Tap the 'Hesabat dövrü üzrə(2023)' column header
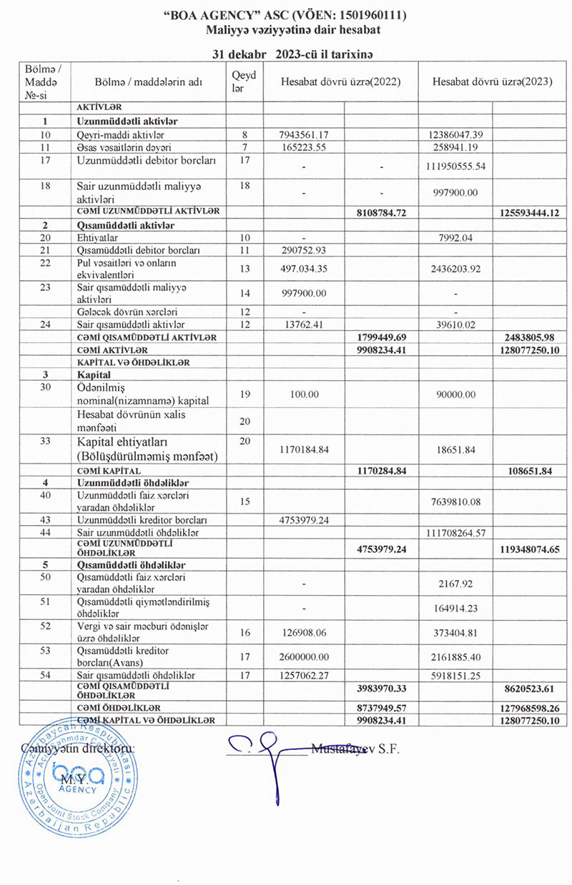click(x=493, y=81)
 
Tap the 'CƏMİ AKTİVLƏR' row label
click(x=113, y=350)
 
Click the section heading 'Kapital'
click(x=94, y=374)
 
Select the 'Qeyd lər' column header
click(x=239, y=81)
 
